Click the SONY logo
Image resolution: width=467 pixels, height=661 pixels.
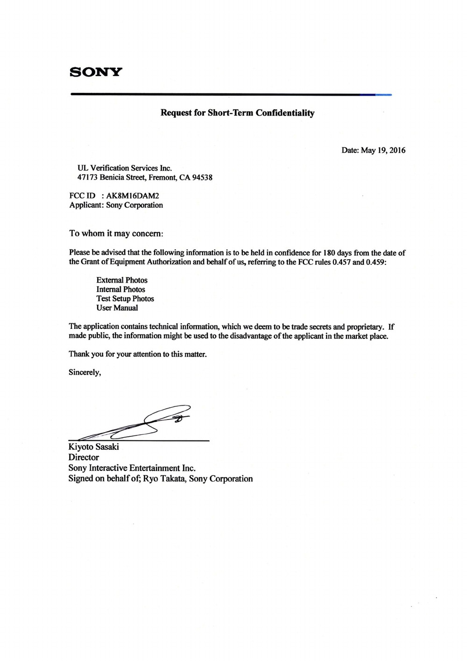coord(95,72)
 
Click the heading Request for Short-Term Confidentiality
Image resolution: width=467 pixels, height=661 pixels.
coord(237,113)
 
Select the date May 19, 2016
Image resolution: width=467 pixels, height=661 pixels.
coord(383,150)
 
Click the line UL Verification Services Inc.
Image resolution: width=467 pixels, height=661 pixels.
coord(125,168)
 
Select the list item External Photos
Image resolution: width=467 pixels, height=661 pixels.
coord(122,280)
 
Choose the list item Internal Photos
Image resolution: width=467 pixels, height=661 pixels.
coord(120,290)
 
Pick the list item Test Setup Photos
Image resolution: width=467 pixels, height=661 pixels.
coord(125,299)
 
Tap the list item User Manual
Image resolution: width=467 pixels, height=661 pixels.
coord(117,308)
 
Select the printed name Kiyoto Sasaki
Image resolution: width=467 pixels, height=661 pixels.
coord(94,447)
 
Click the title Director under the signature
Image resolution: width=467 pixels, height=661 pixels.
coord(84,457)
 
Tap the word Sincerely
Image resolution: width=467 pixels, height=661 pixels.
coord(85,372)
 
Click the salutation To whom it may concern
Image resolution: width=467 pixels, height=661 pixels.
coord(116,233)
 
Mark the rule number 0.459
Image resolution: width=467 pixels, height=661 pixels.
coord(376,262)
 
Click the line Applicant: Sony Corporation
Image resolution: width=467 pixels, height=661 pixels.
coord(116,205)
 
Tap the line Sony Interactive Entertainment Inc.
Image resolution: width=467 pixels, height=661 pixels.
coord(132,468)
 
